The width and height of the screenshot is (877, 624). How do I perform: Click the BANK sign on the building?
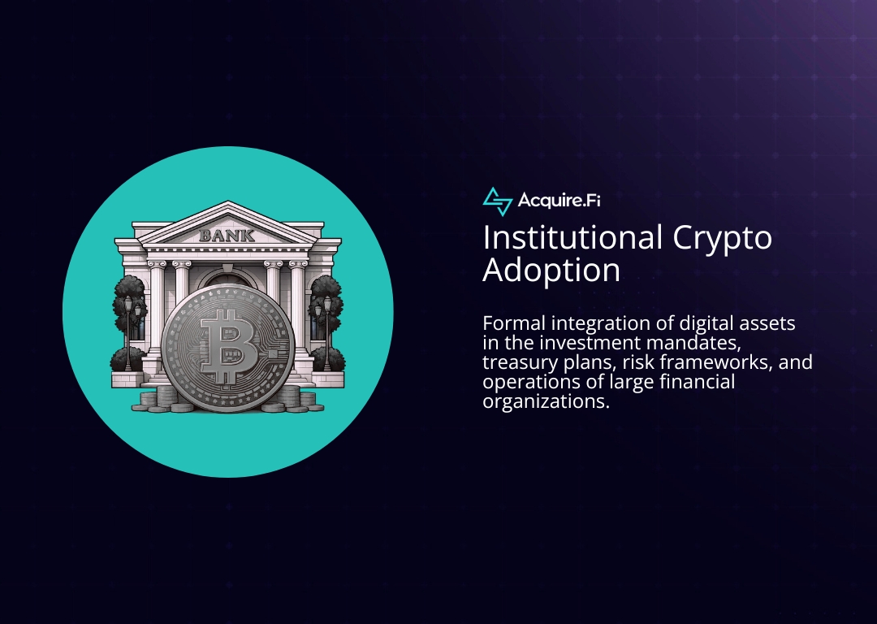[227, 236]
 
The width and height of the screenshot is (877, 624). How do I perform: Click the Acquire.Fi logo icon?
[497, 201]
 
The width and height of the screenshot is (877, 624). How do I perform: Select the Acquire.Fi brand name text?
[559, 201]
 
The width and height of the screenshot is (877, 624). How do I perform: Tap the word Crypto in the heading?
[722, 237]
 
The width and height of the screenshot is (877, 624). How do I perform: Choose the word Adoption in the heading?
[551, 271]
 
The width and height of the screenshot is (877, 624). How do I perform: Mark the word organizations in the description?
[545, 401]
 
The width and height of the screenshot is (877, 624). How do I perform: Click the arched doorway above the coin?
[227, 280]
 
